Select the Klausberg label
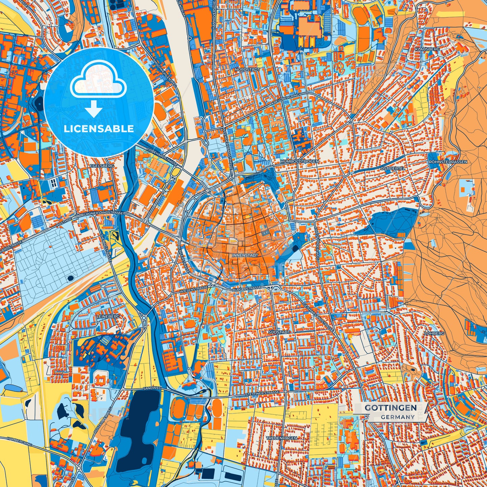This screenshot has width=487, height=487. click(x=427, y=49)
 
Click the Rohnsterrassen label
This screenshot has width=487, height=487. click(x=448, y=162)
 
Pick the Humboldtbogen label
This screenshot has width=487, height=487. click(x=299, y=162)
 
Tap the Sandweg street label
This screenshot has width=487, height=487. click(x=150, y=389)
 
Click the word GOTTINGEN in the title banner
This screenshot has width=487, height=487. click(x=391, y=408)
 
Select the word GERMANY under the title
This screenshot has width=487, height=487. click(x=398, y=417)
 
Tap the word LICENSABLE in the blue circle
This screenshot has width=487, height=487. click(x=99, y=129)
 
